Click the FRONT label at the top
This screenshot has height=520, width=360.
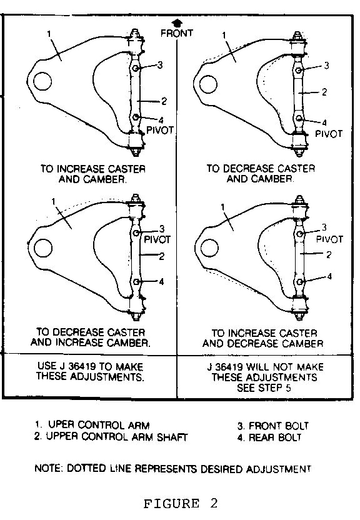pos(177,33)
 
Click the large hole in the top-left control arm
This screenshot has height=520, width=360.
pos(42,82)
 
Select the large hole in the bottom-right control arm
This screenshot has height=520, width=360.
pos(209,247)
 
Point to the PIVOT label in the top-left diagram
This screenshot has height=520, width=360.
pos(160,130)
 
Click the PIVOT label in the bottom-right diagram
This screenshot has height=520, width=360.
pos(329,239)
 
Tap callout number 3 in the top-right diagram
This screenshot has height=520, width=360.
pos(326,66)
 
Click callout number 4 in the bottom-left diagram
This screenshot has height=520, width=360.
pos(161,282)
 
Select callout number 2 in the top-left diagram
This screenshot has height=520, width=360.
pos(164,101)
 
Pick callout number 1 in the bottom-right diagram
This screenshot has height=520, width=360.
pos(222,207)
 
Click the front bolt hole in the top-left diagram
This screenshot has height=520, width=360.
pos(136,68)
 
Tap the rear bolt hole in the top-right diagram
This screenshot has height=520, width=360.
pos(299,118)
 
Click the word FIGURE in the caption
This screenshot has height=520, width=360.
pos(171,503)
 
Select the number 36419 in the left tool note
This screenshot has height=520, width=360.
pos(81,366)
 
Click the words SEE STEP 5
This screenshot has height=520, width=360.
pos(264,387)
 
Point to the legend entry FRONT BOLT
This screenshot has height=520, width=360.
pos(279,426)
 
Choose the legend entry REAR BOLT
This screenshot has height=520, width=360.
pos(275,437)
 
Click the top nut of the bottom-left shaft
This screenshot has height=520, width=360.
pos(135,197)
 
